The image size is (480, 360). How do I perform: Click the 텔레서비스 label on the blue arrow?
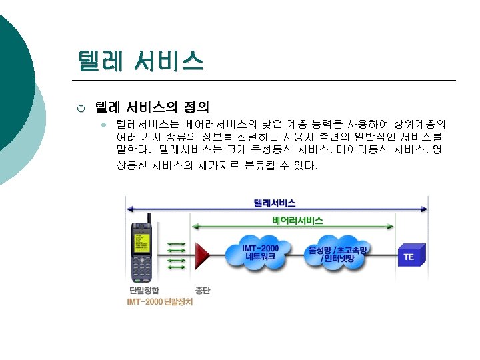pos(275,203)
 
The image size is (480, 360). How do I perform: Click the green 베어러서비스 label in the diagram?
pos(297,221)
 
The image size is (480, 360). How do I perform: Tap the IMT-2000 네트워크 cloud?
pos(261,253)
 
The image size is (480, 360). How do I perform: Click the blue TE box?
pos(409,256)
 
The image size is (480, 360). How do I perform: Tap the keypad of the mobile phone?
pos(143,267)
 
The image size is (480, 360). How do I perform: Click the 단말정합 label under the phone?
pos(144,291)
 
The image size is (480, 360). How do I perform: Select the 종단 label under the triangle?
pos(203,291)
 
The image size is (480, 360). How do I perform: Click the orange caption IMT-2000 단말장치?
pos(161,302)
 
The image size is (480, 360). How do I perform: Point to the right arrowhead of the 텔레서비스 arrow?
pos(425,209)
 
